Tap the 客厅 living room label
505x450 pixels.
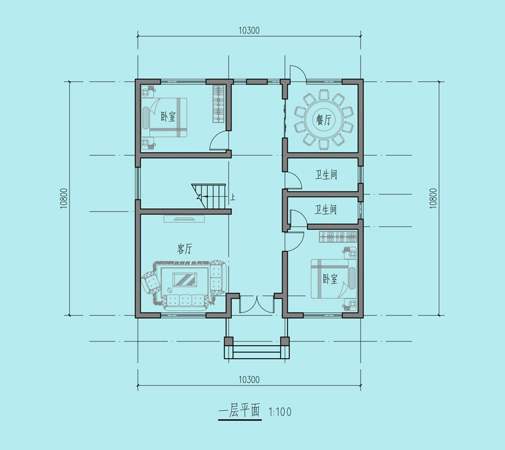click(x=184, y=249)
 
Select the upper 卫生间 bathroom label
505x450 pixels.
click(x=326, y=175)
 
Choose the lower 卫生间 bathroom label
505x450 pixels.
click(x=326, y=210)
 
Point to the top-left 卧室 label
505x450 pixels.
click(x=168, y=116)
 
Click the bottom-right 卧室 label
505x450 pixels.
click(x=330, y=278)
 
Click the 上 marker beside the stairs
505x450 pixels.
click(x=232, y=196)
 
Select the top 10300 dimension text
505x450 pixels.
click(x=249, y=30)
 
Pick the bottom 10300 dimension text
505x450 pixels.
click(x=249, y=379)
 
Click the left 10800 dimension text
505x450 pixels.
click(x=64, y=198)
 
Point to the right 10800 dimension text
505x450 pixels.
click(x=433, y=198)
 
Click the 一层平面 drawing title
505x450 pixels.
click(x=239, y=411)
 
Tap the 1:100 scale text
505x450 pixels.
click(x=280, y=412)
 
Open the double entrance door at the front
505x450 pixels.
click(x=257, y=304)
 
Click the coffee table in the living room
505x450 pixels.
click(x=185, y=280)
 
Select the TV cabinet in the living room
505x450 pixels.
click(x=184, y=219)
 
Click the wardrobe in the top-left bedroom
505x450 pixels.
click(x=218, y=104)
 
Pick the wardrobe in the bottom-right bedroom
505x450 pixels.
click(x=338, y=237)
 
